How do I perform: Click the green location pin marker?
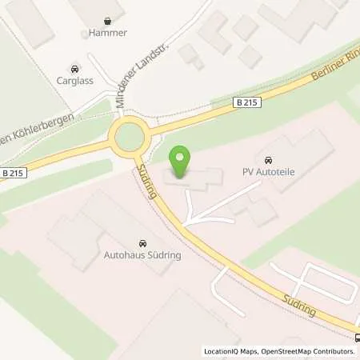(x=182, y=162)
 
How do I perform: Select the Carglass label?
(x=74, y=82)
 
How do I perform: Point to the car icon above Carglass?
(x=74, y=68)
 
